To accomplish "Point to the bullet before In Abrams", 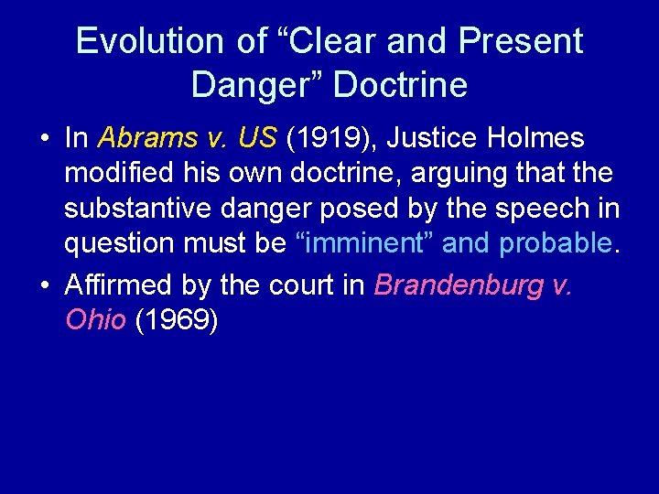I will [x=45, y=139].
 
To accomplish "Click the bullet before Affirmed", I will [x=45, y=286].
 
